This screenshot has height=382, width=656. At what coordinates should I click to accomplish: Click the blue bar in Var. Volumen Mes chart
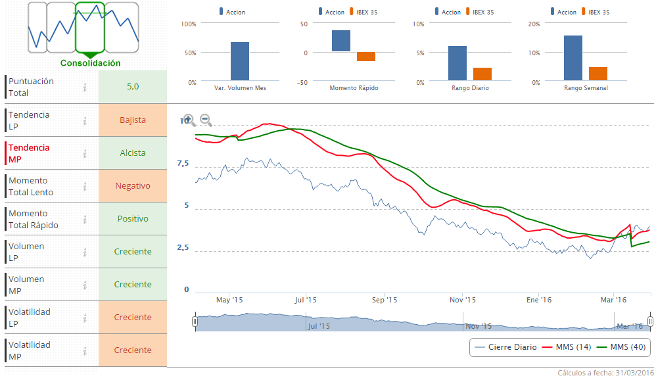coord(240,61)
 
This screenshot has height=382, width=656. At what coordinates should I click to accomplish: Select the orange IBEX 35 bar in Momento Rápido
coord(366,57)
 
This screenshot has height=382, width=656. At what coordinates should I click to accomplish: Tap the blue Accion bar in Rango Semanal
coord(573,59)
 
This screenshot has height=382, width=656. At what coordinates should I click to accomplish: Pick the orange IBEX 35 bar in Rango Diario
coord(482,74)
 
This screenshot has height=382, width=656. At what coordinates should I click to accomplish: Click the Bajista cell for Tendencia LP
coord(133,120)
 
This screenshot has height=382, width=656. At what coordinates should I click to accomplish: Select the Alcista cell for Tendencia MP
coord(133,153)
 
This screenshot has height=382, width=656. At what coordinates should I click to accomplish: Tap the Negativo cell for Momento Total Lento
coord(133,186)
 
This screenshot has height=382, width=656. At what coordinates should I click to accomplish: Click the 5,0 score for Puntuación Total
coord(133,87)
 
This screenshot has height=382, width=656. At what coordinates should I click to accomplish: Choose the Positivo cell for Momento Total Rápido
coord(133,219)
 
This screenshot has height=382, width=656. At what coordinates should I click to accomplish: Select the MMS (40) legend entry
coord(628,347)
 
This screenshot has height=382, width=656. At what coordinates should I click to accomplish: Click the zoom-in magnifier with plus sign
coord(189,120)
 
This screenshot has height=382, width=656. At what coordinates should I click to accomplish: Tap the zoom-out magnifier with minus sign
coord(206,120)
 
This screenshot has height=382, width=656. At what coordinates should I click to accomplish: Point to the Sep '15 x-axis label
coord(385,300)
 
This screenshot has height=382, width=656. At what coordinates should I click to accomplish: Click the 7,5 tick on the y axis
coord(182,163)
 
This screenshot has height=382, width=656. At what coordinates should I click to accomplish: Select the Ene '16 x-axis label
coord(539,300)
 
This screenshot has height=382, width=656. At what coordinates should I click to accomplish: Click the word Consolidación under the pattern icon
coord(91,63)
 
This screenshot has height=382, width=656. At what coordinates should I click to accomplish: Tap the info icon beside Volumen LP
coord(85,252)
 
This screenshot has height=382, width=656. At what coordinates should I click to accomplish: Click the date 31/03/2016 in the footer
coord(634,373)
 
